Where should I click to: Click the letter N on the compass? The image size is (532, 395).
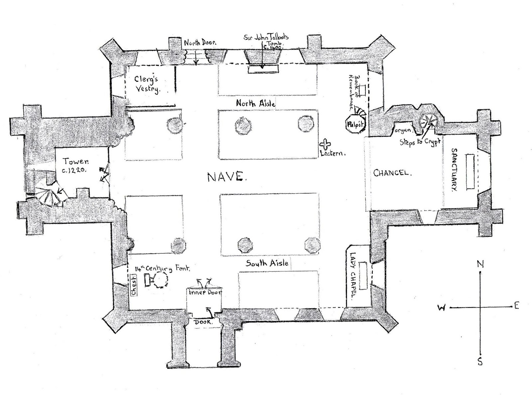(480, 264)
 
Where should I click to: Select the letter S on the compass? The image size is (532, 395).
(480, 362)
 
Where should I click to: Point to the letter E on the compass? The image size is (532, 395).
(516, 306)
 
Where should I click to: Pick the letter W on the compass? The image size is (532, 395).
(441, 308)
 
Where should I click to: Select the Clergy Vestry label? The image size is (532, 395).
(147, 84)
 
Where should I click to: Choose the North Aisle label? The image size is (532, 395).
(255, 103)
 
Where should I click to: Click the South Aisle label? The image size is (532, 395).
(267, 263)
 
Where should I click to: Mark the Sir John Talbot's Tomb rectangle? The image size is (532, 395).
(263, 69)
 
